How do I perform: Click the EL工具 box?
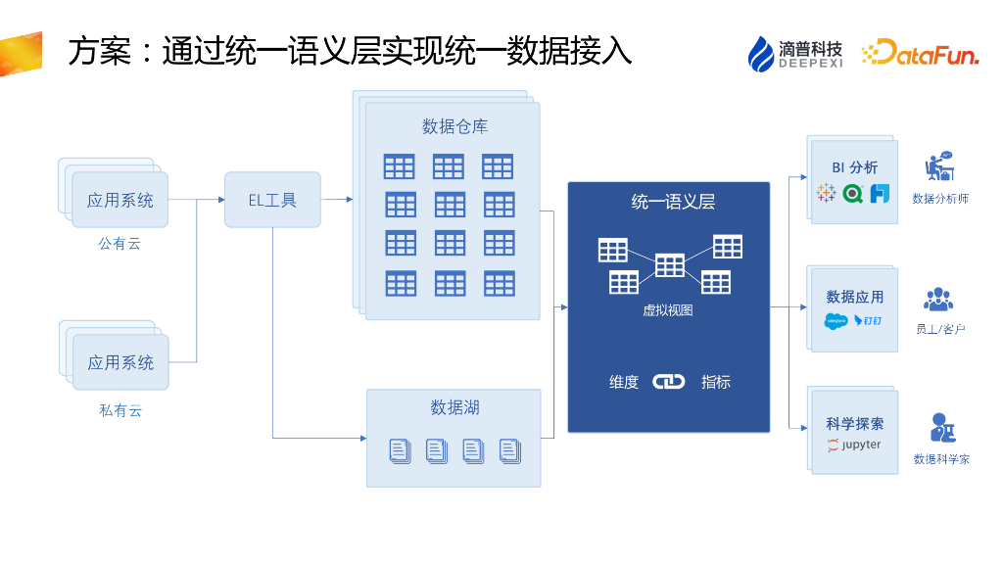(x=272, y=200)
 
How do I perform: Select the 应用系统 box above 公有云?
(x=120, y=200)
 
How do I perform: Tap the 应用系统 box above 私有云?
(x=120, y=362)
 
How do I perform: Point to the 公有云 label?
(x=119, y=244)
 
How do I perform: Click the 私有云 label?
(x=120, y=410)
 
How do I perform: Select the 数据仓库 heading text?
(x=454, y=126)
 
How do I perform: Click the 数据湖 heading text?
(x=454, y=407)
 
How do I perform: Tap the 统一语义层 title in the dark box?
(x=673, y=203)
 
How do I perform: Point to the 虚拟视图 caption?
(x=668, y=310)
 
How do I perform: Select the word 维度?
(x=624, y=382)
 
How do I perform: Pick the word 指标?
(x=716, y=382)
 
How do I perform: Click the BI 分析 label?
(x=854, y=167)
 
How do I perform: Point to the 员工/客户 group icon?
(x=938, y=300)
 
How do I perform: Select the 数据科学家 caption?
(x=941, y=458)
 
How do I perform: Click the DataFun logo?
(x=920, y=53)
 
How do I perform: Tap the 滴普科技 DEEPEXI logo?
(x=795, y=53)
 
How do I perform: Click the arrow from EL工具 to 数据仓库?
(x=336, y=200)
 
